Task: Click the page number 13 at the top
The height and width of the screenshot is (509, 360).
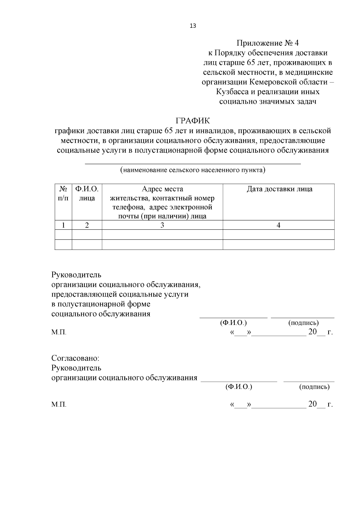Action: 193,26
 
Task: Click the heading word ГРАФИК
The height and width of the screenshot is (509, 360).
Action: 193,121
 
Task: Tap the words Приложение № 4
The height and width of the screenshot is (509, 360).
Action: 268,43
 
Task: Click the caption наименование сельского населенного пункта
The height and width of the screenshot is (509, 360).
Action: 193,170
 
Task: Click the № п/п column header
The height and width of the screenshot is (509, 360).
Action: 63,193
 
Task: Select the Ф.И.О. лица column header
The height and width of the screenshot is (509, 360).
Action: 87,193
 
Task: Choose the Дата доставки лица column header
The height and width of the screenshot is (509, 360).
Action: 279,189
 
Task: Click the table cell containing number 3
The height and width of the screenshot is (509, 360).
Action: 162,225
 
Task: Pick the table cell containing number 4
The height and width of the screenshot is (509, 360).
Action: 278,225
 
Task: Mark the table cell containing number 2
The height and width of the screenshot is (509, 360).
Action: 87,225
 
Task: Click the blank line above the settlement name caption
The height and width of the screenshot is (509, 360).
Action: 193,163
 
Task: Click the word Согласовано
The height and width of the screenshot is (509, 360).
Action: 75,358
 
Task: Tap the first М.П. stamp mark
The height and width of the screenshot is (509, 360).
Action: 59,333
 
